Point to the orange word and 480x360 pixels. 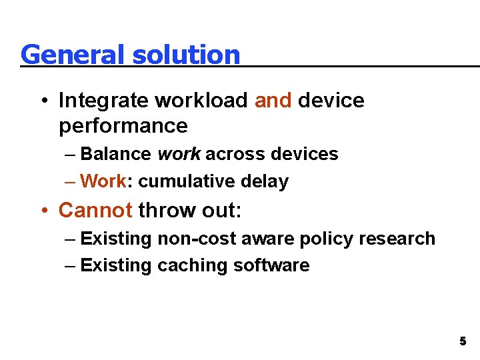[273, 101]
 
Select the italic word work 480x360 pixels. [179, 154]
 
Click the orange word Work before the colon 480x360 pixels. [103, 181]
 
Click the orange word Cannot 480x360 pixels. [95, 211]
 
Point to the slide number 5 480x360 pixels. [462, 341]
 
